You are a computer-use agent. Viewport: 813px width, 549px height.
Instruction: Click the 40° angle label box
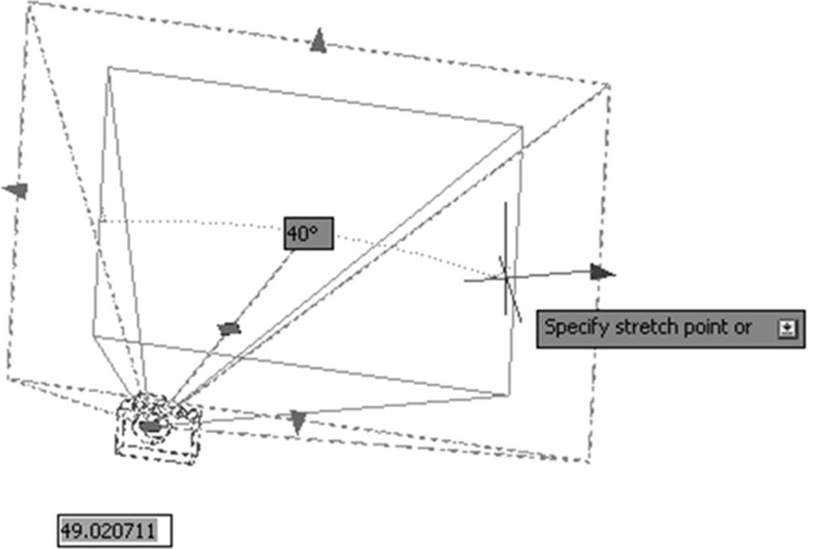point(309,233)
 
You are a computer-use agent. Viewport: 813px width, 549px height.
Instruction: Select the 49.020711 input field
point(114,531)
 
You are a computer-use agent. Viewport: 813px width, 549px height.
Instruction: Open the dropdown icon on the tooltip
point(787,329)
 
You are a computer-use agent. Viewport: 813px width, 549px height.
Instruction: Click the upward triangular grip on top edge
point(318,40)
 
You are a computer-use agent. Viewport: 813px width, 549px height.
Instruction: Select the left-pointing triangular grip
point(16,190)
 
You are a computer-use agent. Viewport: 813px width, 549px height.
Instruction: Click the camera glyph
point(158,428)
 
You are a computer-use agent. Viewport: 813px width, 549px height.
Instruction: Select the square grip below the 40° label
point(229,328)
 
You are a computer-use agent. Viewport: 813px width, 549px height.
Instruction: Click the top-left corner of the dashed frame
point(28,4)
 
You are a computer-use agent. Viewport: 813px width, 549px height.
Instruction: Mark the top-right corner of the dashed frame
point(610,84)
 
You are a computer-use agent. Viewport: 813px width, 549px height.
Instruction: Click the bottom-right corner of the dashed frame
point(589,461)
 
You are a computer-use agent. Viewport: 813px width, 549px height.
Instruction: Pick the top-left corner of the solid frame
point(109,67)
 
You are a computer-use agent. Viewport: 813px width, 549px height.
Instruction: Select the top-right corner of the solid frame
point(522,126)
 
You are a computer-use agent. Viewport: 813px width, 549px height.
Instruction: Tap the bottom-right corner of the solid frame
point(510,395)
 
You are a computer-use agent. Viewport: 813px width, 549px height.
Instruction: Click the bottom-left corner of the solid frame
point(94,336)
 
